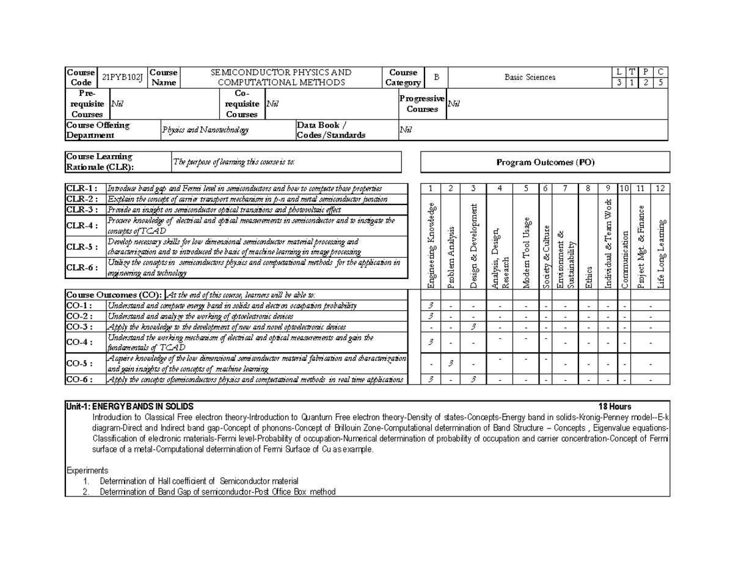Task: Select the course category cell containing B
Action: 436,77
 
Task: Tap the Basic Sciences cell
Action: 530,77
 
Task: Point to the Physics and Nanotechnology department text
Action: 201,130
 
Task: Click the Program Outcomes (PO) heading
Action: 545,162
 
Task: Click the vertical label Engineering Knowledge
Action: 431,245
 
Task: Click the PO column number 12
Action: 660,189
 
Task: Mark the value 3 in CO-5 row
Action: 451,364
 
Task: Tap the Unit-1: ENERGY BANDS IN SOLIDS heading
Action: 130,407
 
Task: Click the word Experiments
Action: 87,471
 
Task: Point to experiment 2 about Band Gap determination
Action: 217,492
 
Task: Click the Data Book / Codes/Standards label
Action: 331,130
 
